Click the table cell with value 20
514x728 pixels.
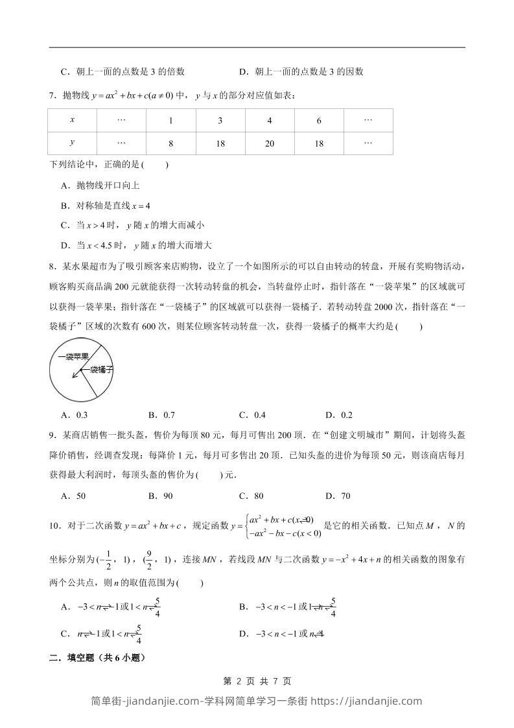(270, 144)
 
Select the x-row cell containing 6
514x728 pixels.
(319, 121)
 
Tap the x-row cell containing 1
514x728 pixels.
(170, 121)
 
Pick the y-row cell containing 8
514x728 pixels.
(170, 144)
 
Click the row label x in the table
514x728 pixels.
(72, 121)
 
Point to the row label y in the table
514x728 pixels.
(72, 144)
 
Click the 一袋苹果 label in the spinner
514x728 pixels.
(73, 356)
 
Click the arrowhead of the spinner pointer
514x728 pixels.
(75, 374)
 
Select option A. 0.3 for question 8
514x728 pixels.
(74, 415)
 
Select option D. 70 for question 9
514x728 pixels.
(338, 496)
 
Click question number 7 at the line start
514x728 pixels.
(53, 96)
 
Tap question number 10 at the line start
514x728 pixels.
(54, 526)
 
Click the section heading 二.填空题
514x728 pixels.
(97, 657)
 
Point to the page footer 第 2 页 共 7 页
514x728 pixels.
(257, 681)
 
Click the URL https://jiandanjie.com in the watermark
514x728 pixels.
(367, 701)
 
